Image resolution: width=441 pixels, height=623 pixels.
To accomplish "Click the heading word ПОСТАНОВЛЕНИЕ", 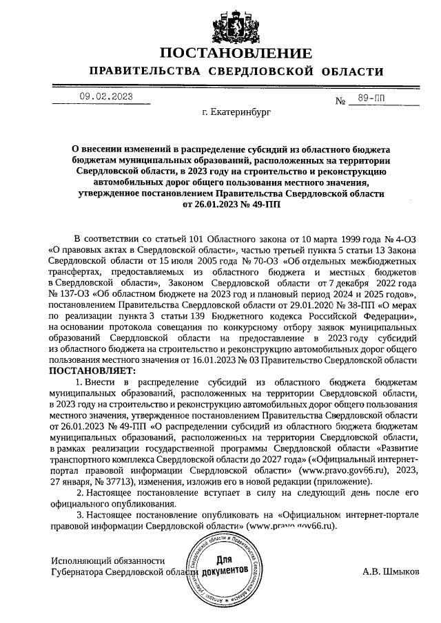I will pos(236,54).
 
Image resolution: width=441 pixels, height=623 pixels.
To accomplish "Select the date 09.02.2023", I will pos(105,96).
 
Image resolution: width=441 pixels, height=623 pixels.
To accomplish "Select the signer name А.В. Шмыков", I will pos(390,571).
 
